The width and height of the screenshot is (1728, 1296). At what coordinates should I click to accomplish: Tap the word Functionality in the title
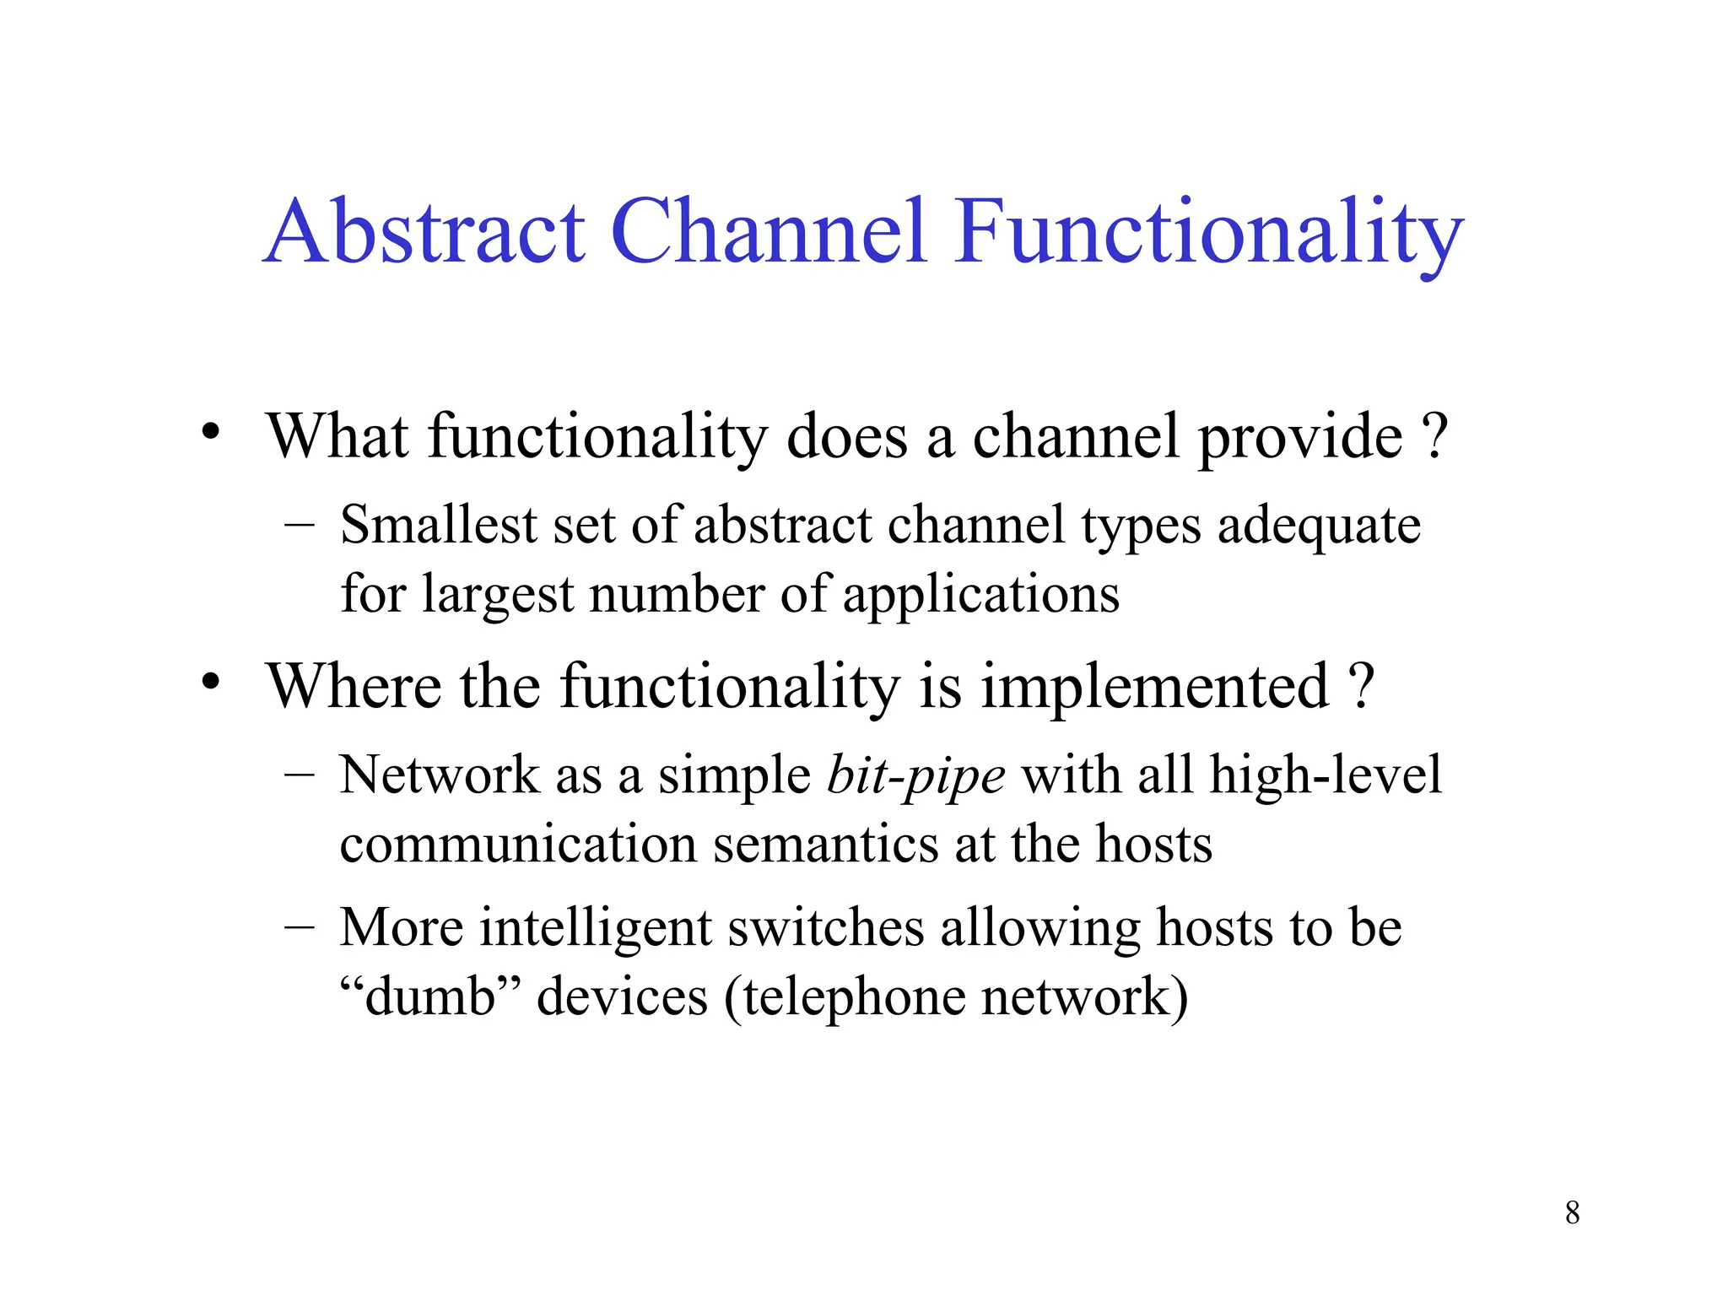click(x=1208, y=232)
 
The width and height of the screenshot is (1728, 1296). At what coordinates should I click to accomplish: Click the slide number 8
click(x=1572, y=1212)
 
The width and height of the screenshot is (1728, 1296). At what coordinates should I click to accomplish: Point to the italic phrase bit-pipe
click(x=915, y=775)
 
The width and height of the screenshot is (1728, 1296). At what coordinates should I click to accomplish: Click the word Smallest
click(x=438, y=525)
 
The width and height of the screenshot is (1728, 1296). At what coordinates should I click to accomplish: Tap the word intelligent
click(x=596, y=928)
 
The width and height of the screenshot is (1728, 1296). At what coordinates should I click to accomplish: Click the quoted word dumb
click(x=429, y=996)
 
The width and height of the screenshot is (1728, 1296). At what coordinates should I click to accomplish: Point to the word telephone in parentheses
click(x=853, y=997)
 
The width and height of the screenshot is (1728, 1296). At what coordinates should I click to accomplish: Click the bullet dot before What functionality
click(x=210, y=432)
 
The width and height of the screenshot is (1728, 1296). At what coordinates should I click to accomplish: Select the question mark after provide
click(x=1434, y=436)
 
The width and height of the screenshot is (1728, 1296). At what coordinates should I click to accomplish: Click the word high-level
click(x=1325, y=775)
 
